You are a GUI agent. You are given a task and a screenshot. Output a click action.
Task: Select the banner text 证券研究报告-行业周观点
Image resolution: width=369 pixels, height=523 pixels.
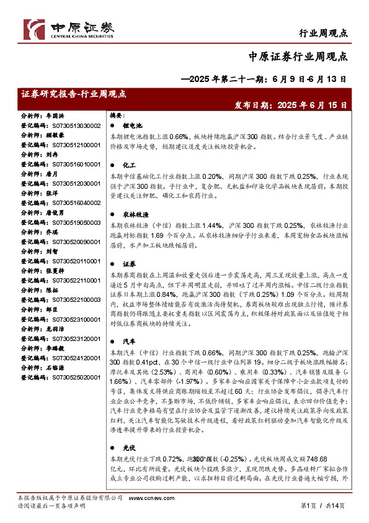pyautogui.click(x=74, y=94)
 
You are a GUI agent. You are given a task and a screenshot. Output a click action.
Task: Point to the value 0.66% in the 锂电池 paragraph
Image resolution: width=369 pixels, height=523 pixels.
pyautogui.click(x=178, y=136)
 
